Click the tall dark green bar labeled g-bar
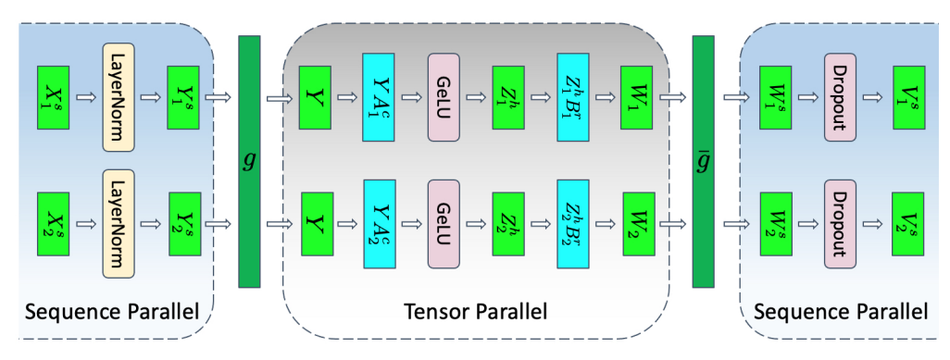(x=704, y=159)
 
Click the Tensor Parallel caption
(x=475, y=312)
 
